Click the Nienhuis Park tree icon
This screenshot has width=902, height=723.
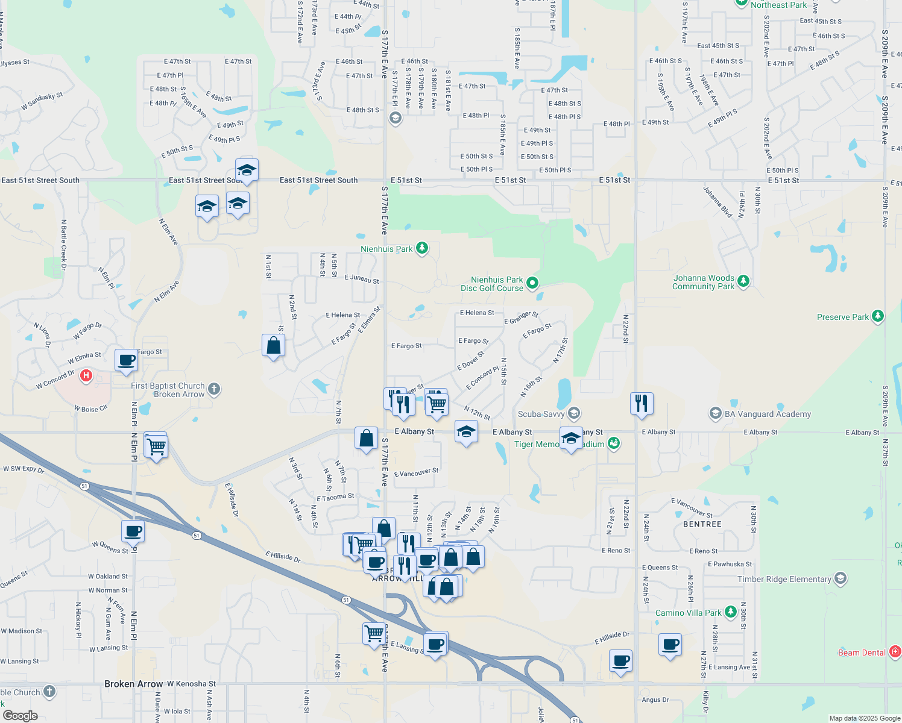[422, 248]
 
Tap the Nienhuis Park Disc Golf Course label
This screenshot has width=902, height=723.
[492, 284]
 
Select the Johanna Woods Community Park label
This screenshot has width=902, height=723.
[703, 282]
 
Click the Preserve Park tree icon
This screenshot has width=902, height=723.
[878, 316]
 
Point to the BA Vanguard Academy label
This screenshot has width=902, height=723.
[768, 414]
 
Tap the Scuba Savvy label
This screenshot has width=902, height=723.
[541, 414]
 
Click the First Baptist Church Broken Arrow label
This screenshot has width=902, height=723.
[168, 390]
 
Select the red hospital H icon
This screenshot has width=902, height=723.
[86, 376]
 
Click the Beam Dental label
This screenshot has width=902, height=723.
[862, 653]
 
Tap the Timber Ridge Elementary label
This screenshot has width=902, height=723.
[784, 579]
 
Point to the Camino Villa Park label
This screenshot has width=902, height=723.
[688, 613]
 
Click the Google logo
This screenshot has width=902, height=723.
[20, 716]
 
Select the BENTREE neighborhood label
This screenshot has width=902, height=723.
[702, 524]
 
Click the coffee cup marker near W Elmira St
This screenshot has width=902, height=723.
[127, 360]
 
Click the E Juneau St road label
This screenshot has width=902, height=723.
[362, 279]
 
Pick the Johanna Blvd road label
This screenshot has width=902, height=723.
[717, 202]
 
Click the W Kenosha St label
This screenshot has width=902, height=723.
[191, 684]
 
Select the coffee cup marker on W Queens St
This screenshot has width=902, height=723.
[133, 531]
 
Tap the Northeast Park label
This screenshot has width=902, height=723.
[778, 5]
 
